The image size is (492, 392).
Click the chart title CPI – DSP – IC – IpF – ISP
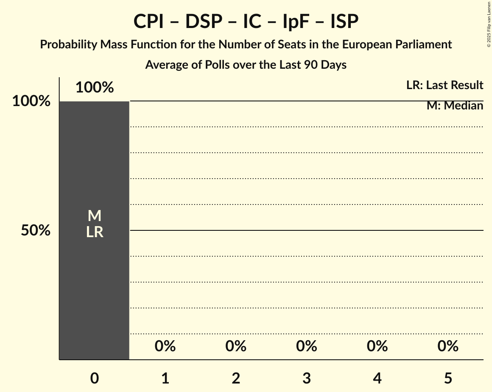246,21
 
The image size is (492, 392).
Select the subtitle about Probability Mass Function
246,44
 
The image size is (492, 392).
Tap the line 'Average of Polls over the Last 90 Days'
246,65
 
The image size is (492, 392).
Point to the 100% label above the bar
95,87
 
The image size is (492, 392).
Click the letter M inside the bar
95,216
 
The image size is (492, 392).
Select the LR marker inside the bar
95,232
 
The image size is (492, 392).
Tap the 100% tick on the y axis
31,101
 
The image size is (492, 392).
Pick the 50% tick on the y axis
36,230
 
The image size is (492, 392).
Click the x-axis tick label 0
95,378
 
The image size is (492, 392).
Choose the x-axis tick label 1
165,378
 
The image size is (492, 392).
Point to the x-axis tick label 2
236,378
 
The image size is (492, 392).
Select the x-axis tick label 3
307,378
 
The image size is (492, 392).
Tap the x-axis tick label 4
377,378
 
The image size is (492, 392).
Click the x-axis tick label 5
448,378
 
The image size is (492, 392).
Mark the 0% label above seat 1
165,346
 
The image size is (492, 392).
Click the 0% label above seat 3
307,346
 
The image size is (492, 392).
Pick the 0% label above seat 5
448,346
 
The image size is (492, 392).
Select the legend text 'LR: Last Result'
444,85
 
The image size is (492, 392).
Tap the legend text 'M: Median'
455,106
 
